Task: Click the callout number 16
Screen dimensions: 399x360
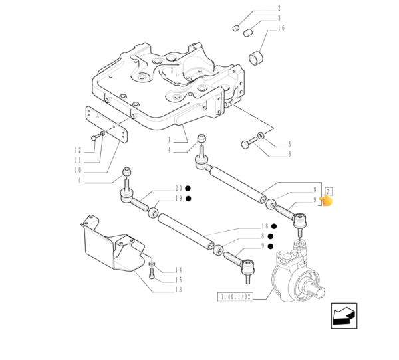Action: pos(281,28)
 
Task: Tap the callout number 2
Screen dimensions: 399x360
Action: pos(279,8)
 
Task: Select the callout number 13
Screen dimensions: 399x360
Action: pos(178,290)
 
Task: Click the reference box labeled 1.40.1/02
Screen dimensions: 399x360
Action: pos(235,296)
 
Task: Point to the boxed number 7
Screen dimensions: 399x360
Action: pos(329,191)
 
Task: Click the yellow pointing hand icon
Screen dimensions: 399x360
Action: pos(326,201)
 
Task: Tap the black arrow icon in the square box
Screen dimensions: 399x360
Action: pos(344,315)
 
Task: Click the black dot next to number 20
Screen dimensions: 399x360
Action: pos(188,189)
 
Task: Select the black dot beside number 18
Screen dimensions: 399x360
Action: pos(274,226)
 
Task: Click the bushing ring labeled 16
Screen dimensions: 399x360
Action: pos(257,58)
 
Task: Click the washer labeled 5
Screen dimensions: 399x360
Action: pos(261,135)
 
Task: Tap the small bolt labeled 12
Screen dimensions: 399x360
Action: pos(95,137)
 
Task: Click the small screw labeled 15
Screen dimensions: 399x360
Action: pos(152,274)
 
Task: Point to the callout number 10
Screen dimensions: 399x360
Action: pos(78,170)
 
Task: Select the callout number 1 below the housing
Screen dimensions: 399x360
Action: pos(169,140)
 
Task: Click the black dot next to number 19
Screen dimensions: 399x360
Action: pos(188,199)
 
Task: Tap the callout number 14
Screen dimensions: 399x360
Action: pos(178,270)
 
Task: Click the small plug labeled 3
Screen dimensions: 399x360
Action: pos(247,33)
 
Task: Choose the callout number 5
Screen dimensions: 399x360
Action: pos(289,145)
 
